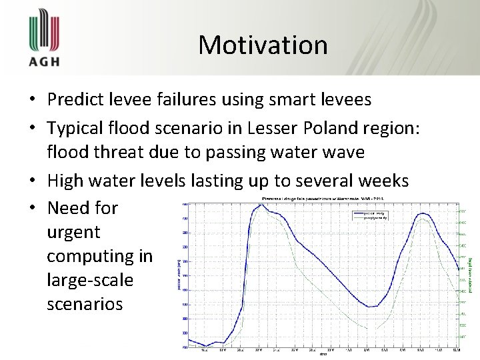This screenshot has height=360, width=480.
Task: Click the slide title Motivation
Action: (x=263, y=45)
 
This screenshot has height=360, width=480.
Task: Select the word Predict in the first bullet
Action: (x=73, y=100)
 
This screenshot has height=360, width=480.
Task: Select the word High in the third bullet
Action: (x=64, y=180)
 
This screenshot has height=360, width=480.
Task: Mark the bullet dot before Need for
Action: (x=31, y=209)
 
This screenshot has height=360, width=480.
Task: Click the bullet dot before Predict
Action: (x=31, y=101)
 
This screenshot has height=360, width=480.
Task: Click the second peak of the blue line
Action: (x=423, y=213)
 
